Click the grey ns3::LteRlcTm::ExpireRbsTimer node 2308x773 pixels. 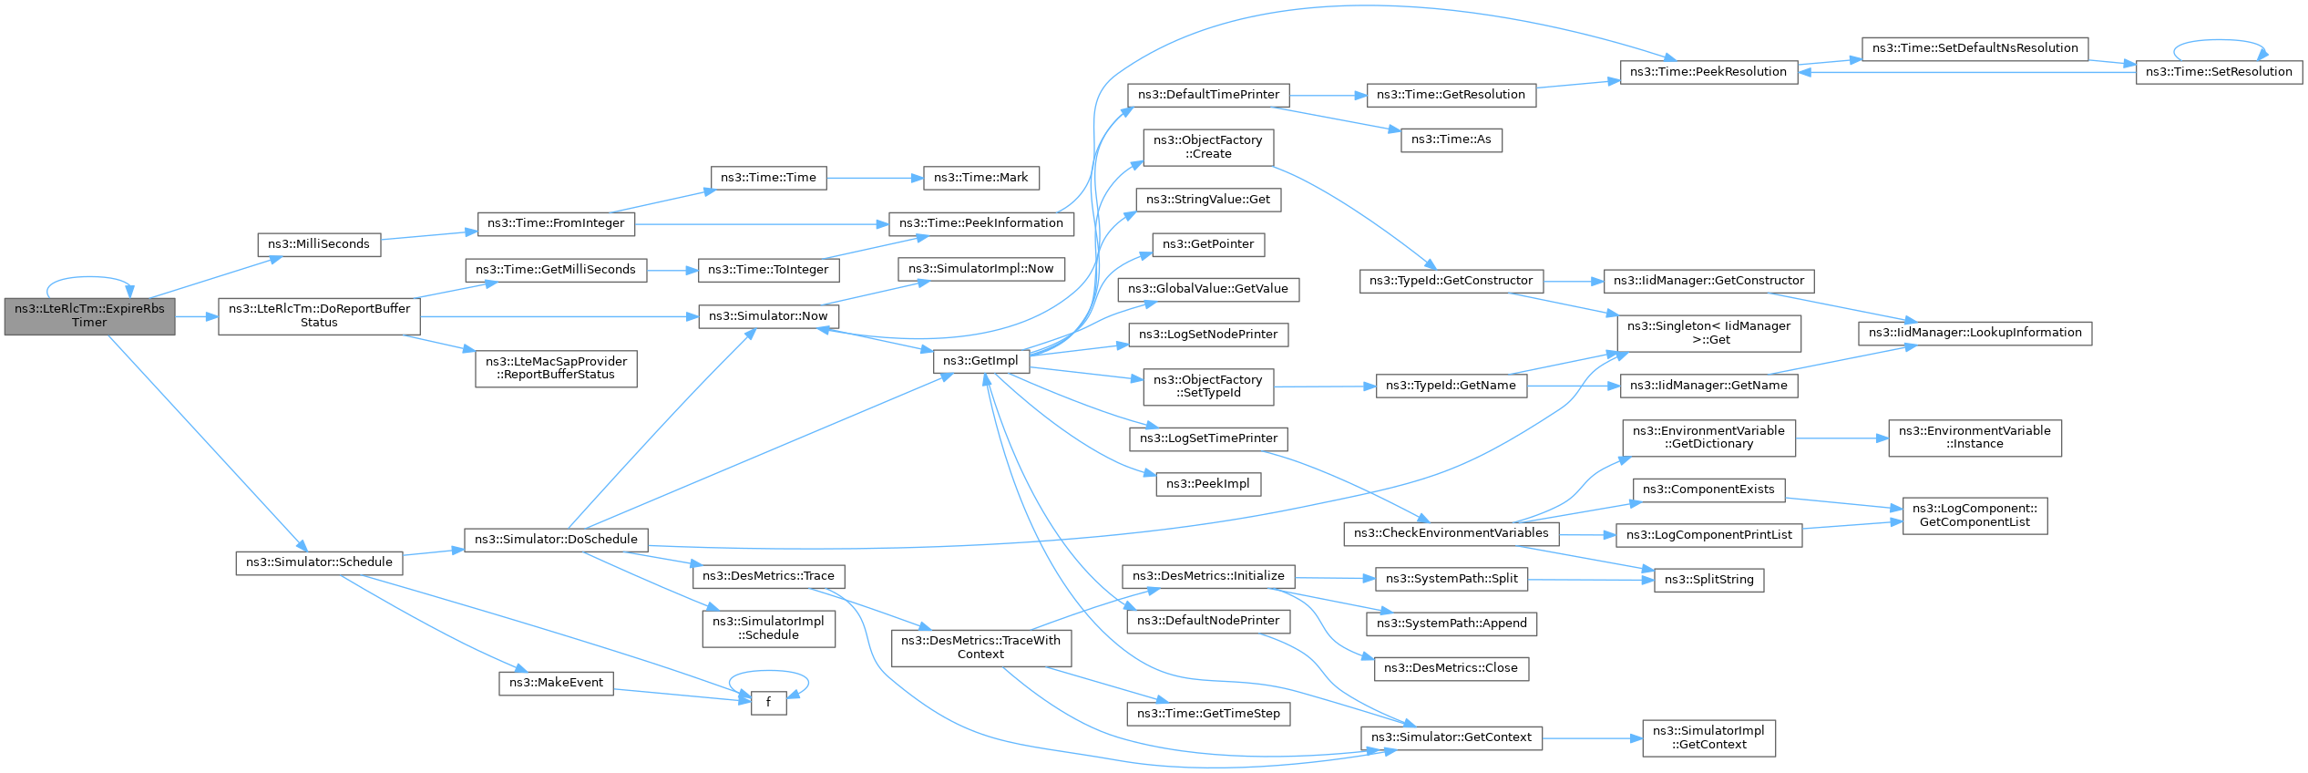pos(89,316)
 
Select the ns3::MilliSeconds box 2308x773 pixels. pos(319,244)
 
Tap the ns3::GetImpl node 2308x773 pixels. pos(981,361)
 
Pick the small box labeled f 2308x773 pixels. pos(768,703)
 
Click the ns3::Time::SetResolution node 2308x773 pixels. pos(2219,72)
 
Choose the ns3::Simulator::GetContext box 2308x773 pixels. pos(1451,737)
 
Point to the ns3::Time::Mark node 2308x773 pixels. pos(981,178)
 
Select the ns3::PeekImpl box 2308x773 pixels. pos(1208,484)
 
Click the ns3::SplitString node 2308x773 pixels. pos(1709,580)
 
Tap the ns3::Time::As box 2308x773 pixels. pos(1451,139)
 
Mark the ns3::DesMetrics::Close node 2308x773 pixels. pos(1451,668)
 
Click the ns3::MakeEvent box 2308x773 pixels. pos(557,683)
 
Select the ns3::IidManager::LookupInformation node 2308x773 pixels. pos(1975,333)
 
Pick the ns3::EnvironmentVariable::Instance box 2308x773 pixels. pos(1975,438)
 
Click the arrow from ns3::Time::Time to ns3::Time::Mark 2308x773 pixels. pos(875,178)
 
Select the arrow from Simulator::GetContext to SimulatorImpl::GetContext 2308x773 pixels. pos(1593,738)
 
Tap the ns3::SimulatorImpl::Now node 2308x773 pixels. pos(981,269)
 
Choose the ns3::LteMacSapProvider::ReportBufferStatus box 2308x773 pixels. pos(557,368)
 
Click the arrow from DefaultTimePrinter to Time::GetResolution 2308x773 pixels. pos(1328,95)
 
